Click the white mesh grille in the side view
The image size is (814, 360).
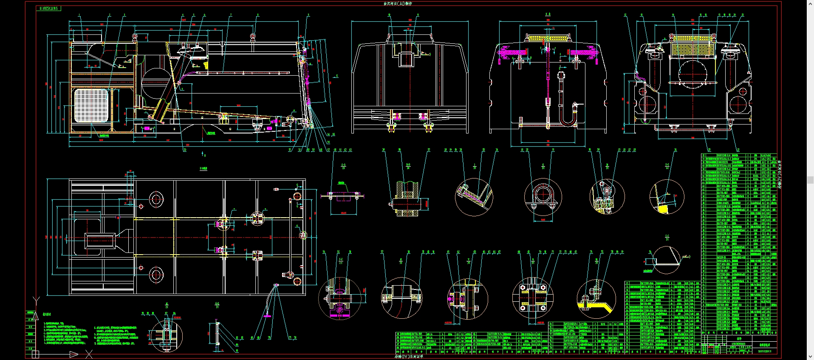(91, 105)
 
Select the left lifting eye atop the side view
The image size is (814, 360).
(135, 37)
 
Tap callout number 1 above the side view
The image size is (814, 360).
(79, 15)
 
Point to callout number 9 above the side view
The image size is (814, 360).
(309, 15)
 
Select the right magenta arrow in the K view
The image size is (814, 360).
(584, 53)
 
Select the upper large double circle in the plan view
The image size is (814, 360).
(156, 199)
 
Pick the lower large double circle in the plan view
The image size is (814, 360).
(156, 275)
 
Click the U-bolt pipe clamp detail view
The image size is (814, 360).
(543, 196)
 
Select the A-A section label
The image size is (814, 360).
(343, 164)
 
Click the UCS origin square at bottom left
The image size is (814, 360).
(35, 354)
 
